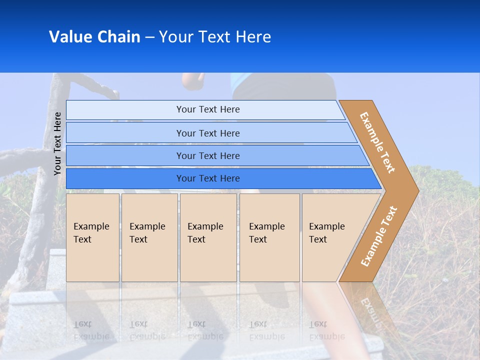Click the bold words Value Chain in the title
[94, 37]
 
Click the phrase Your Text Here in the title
[215, 37]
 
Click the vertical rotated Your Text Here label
[57, 143]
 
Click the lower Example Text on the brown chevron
[378, 236]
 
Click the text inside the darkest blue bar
[208, 178]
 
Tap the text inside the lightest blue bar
[208, 109]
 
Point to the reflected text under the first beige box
[90, 330]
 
